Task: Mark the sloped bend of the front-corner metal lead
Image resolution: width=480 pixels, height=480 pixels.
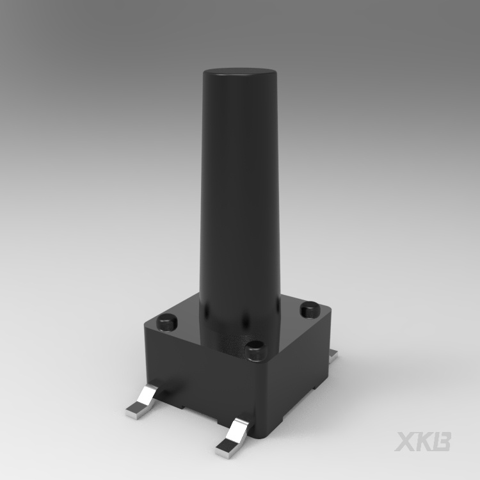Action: [241, 429]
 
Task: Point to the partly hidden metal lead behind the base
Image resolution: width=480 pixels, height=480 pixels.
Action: [333, 353]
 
